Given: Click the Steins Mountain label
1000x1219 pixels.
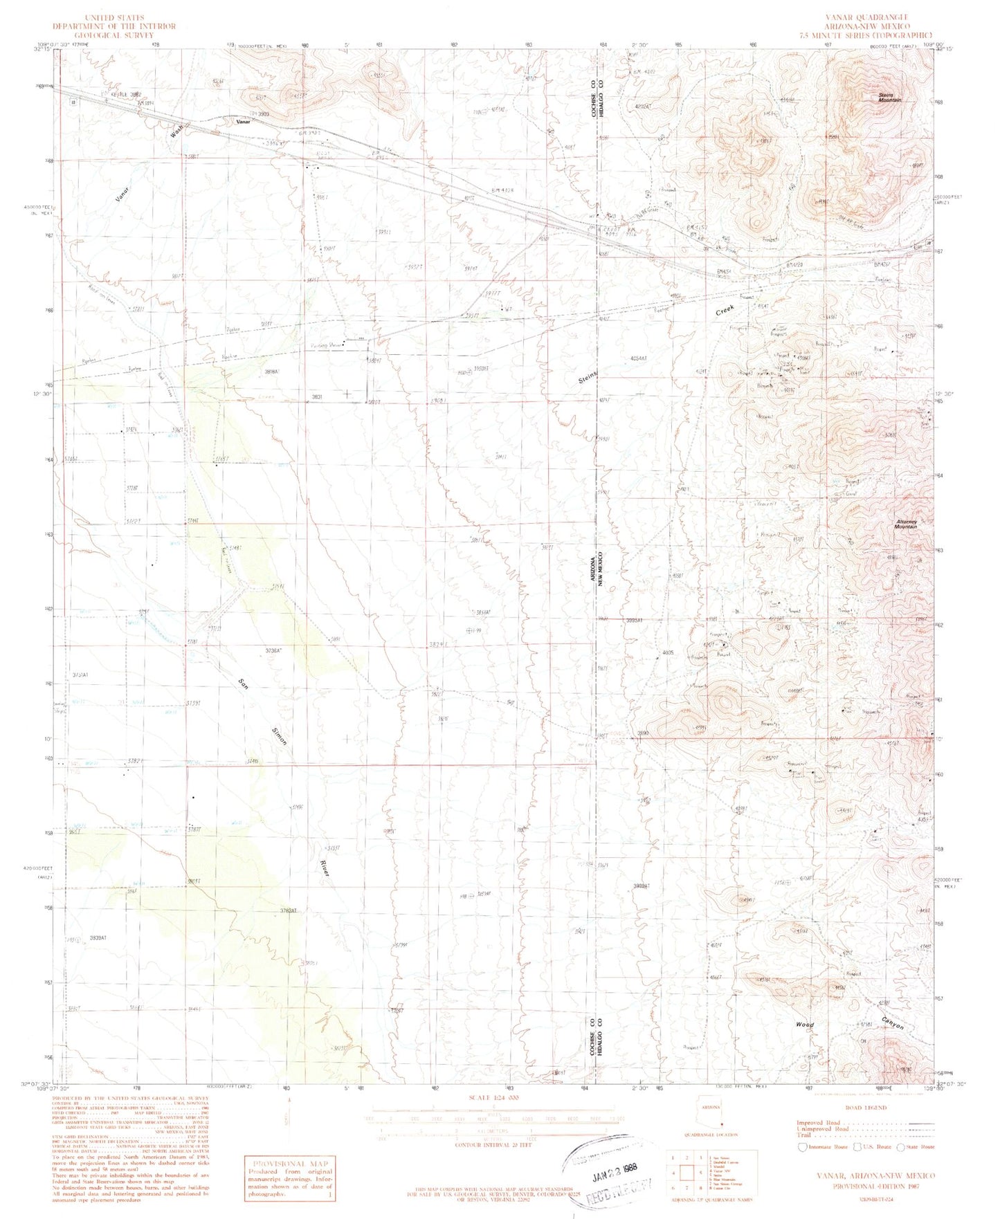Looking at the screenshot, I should [x=886, y=98].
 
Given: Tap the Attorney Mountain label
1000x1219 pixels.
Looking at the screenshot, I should [x=905, y=524].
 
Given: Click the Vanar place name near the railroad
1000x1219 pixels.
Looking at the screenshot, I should [x=242, y=122].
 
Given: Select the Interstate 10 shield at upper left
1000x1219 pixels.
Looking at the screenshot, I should [x=73, y=102].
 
